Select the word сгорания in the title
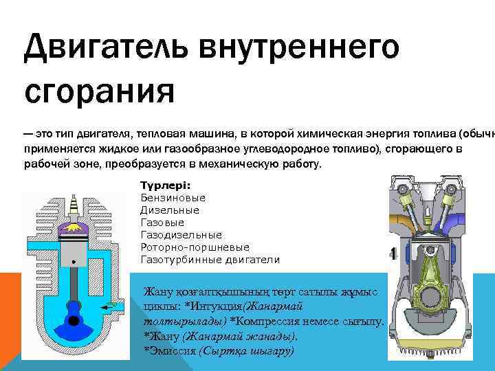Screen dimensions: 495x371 100,89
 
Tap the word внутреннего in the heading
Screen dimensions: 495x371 300,49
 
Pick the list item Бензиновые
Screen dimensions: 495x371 173,199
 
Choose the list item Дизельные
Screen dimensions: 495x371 170,210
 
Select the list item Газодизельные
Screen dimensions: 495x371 181,235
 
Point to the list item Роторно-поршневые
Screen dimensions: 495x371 195,247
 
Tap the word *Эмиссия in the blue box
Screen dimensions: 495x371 168,350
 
